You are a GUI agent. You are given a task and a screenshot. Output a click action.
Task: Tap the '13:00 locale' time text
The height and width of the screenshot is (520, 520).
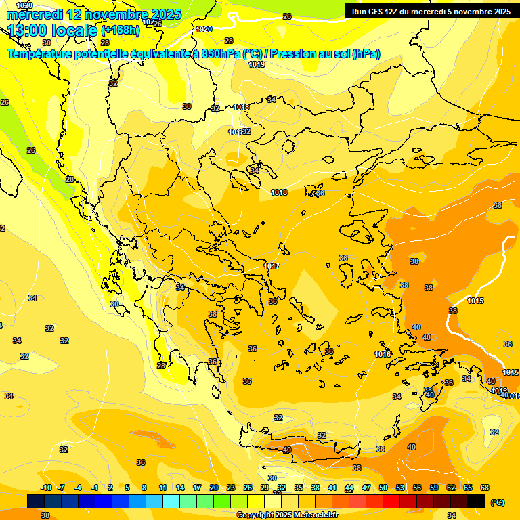tap(53, 30)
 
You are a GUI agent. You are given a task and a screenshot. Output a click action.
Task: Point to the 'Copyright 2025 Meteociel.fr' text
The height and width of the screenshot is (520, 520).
tap(288, 515)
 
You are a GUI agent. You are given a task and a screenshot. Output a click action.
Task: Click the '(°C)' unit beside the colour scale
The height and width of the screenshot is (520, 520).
tap(498, 502)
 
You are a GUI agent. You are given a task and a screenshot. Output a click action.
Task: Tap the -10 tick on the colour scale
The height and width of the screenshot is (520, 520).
tap(47, 487)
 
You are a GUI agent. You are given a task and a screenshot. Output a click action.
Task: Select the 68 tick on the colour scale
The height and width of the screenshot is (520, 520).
tap(485, 487)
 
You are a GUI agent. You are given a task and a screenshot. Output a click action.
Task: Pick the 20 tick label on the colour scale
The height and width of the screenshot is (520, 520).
tap(214, 487)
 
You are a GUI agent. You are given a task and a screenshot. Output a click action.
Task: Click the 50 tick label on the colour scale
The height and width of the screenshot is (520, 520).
tap(383, 487)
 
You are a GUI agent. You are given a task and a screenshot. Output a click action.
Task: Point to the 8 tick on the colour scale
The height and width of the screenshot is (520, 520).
tap(144, 487)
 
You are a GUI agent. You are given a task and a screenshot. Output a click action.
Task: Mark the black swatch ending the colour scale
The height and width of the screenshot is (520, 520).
tap(476, 501)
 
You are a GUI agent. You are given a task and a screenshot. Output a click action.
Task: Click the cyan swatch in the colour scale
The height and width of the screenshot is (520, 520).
tap(171, 501)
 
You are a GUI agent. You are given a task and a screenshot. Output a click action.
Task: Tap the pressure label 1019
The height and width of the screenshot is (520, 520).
tap(257, 64)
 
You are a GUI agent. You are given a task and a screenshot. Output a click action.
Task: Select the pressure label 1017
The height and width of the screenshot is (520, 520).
tap(272, 266)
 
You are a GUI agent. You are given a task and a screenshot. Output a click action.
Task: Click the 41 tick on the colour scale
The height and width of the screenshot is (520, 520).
tap(332, 487)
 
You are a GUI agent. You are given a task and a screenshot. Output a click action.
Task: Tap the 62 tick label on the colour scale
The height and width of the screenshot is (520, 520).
tap(451, 487)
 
